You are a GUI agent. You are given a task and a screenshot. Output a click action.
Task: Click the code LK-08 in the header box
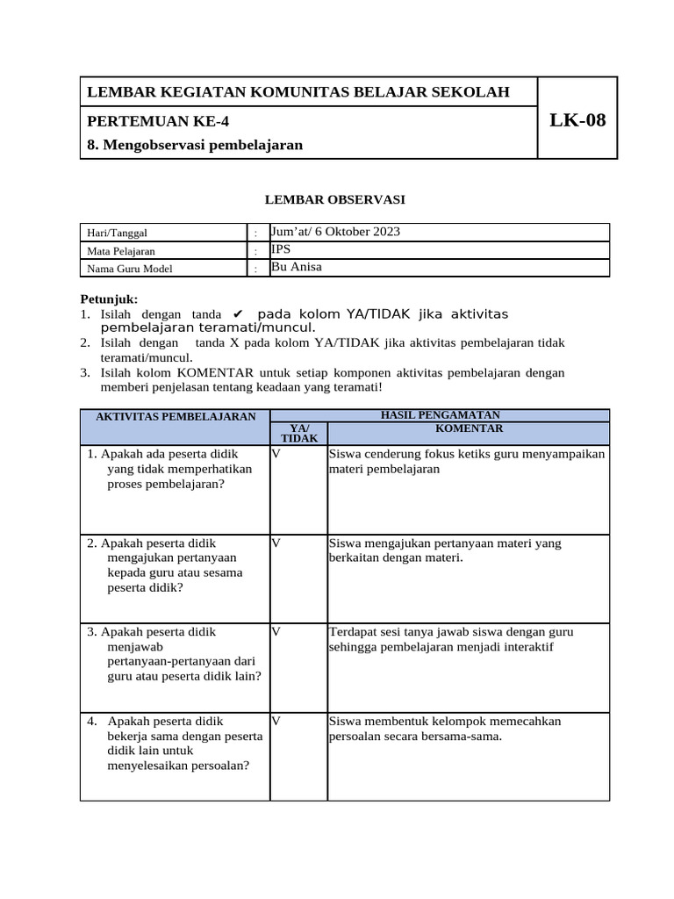tap(577, 121)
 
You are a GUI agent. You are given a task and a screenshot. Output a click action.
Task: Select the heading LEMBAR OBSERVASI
tap(335, 200)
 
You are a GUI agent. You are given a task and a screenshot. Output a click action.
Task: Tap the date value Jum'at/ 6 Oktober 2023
tap(335, 232)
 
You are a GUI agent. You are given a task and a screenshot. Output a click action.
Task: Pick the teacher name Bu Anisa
tap(297, 267)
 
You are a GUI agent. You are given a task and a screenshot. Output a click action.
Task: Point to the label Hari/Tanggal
tap(116, 233)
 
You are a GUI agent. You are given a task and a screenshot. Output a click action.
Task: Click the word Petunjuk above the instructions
tap(109, 299)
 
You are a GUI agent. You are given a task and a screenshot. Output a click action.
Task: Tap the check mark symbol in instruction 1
tap(238, 314)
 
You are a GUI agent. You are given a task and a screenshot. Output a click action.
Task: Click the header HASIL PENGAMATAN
tap(440, 414)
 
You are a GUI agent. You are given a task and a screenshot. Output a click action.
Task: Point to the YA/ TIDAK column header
tap(298, 432)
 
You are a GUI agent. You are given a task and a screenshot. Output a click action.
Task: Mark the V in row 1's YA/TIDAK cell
tap(276, 454)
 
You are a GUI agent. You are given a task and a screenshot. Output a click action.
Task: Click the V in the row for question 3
tap(276, 631)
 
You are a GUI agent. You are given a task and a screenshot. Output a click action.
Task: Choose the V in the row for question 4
tap(276, 721)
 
